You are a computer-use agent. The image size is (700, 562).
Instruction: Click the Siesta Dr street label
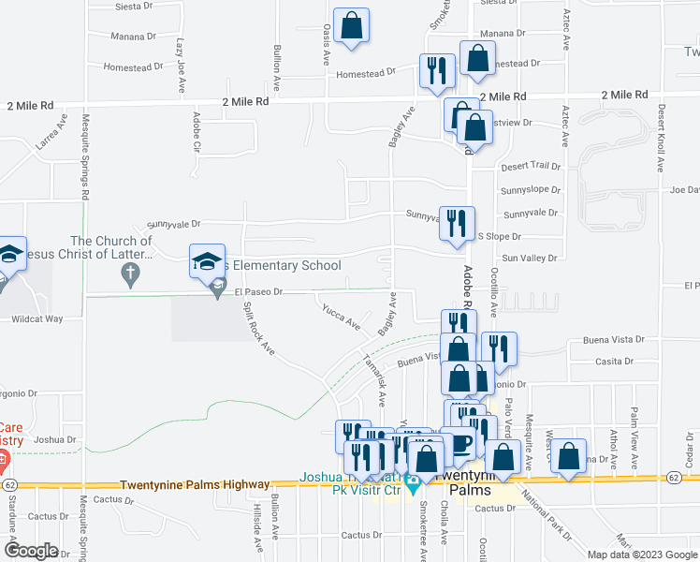tap(133, 6)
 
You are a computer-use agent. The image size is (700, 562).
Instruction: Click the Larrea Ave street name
tap(51, 132)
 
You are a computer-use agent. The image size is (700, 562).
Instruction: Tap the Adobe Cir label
tap(197, 132)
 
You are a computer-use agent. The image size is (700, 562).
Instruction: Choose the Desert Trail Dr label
tap(531, 167)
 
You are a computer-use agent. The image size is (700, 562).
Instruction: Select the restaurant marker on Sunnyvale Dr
tap(457, 225)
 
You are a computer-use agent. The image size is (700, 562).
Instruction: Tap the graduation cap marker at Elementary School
tap(208, 263)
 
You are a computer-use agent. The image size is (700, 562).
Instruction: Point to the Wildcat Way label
tap(36, 318)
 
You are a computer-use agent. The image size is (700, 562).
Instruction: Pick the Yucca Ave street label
tap(341, 317)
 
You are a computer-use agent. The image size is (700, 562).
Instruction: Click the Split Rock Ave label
tap(258, 328)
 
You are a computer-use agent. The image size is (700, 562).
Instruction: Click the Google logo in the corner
tap(31, 551)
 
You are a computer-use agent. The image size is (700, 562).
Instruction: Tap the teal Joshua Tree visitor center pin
tap(412, 490)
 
